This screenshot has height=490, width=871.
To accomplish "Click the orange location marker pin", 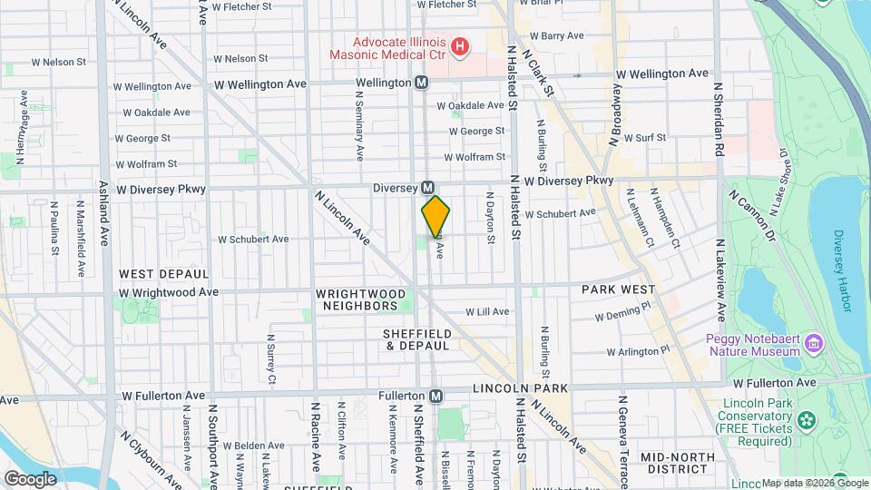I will coord(435,216).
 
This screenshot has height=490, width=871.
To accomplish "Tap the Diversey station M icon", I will coord(426,188).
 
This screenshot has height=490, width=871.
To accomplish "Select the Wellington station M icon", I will coord(422,83).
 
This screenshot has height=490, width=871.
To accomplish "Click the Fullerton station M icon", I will coord(436,396).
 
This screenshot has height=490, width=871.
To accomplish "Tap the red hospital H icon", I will coord(461,45).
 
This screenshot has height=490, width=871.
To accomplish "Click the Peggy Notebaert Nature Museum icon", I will coord(814,343).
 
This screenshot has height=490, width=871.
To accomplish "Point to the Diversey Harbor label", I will coord(842,270).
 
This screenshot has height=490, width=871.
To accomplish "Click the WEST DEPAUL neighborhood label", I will coord(164,273).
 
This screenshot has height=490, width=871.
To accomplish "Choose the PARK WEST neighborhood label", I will coord(619,289).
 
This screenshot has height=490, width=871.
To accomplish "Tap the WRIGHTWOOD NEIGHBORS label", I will coord(361,300).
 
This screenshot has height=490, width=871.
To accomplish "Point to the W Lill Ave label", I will coord(488,311).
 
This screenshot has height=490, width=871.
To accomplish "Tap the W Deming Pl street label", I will coord(624,315).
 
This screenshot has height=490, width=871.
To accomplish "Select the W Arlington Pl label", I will coord(638,350).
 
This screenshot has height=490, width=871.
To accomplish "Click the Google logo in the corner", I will coord(31,478).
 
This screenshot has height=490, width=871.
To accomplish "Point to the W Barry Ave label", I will coord(556,35).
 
